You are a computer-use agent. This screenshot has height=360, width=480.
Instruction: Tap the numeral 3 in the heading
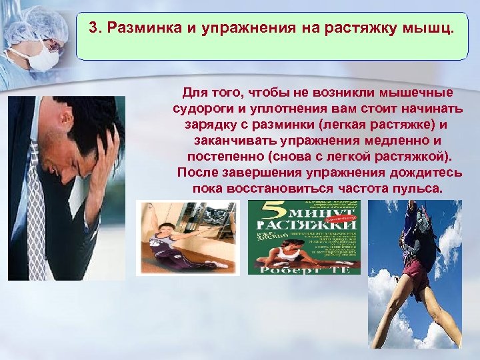(95, 30)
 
